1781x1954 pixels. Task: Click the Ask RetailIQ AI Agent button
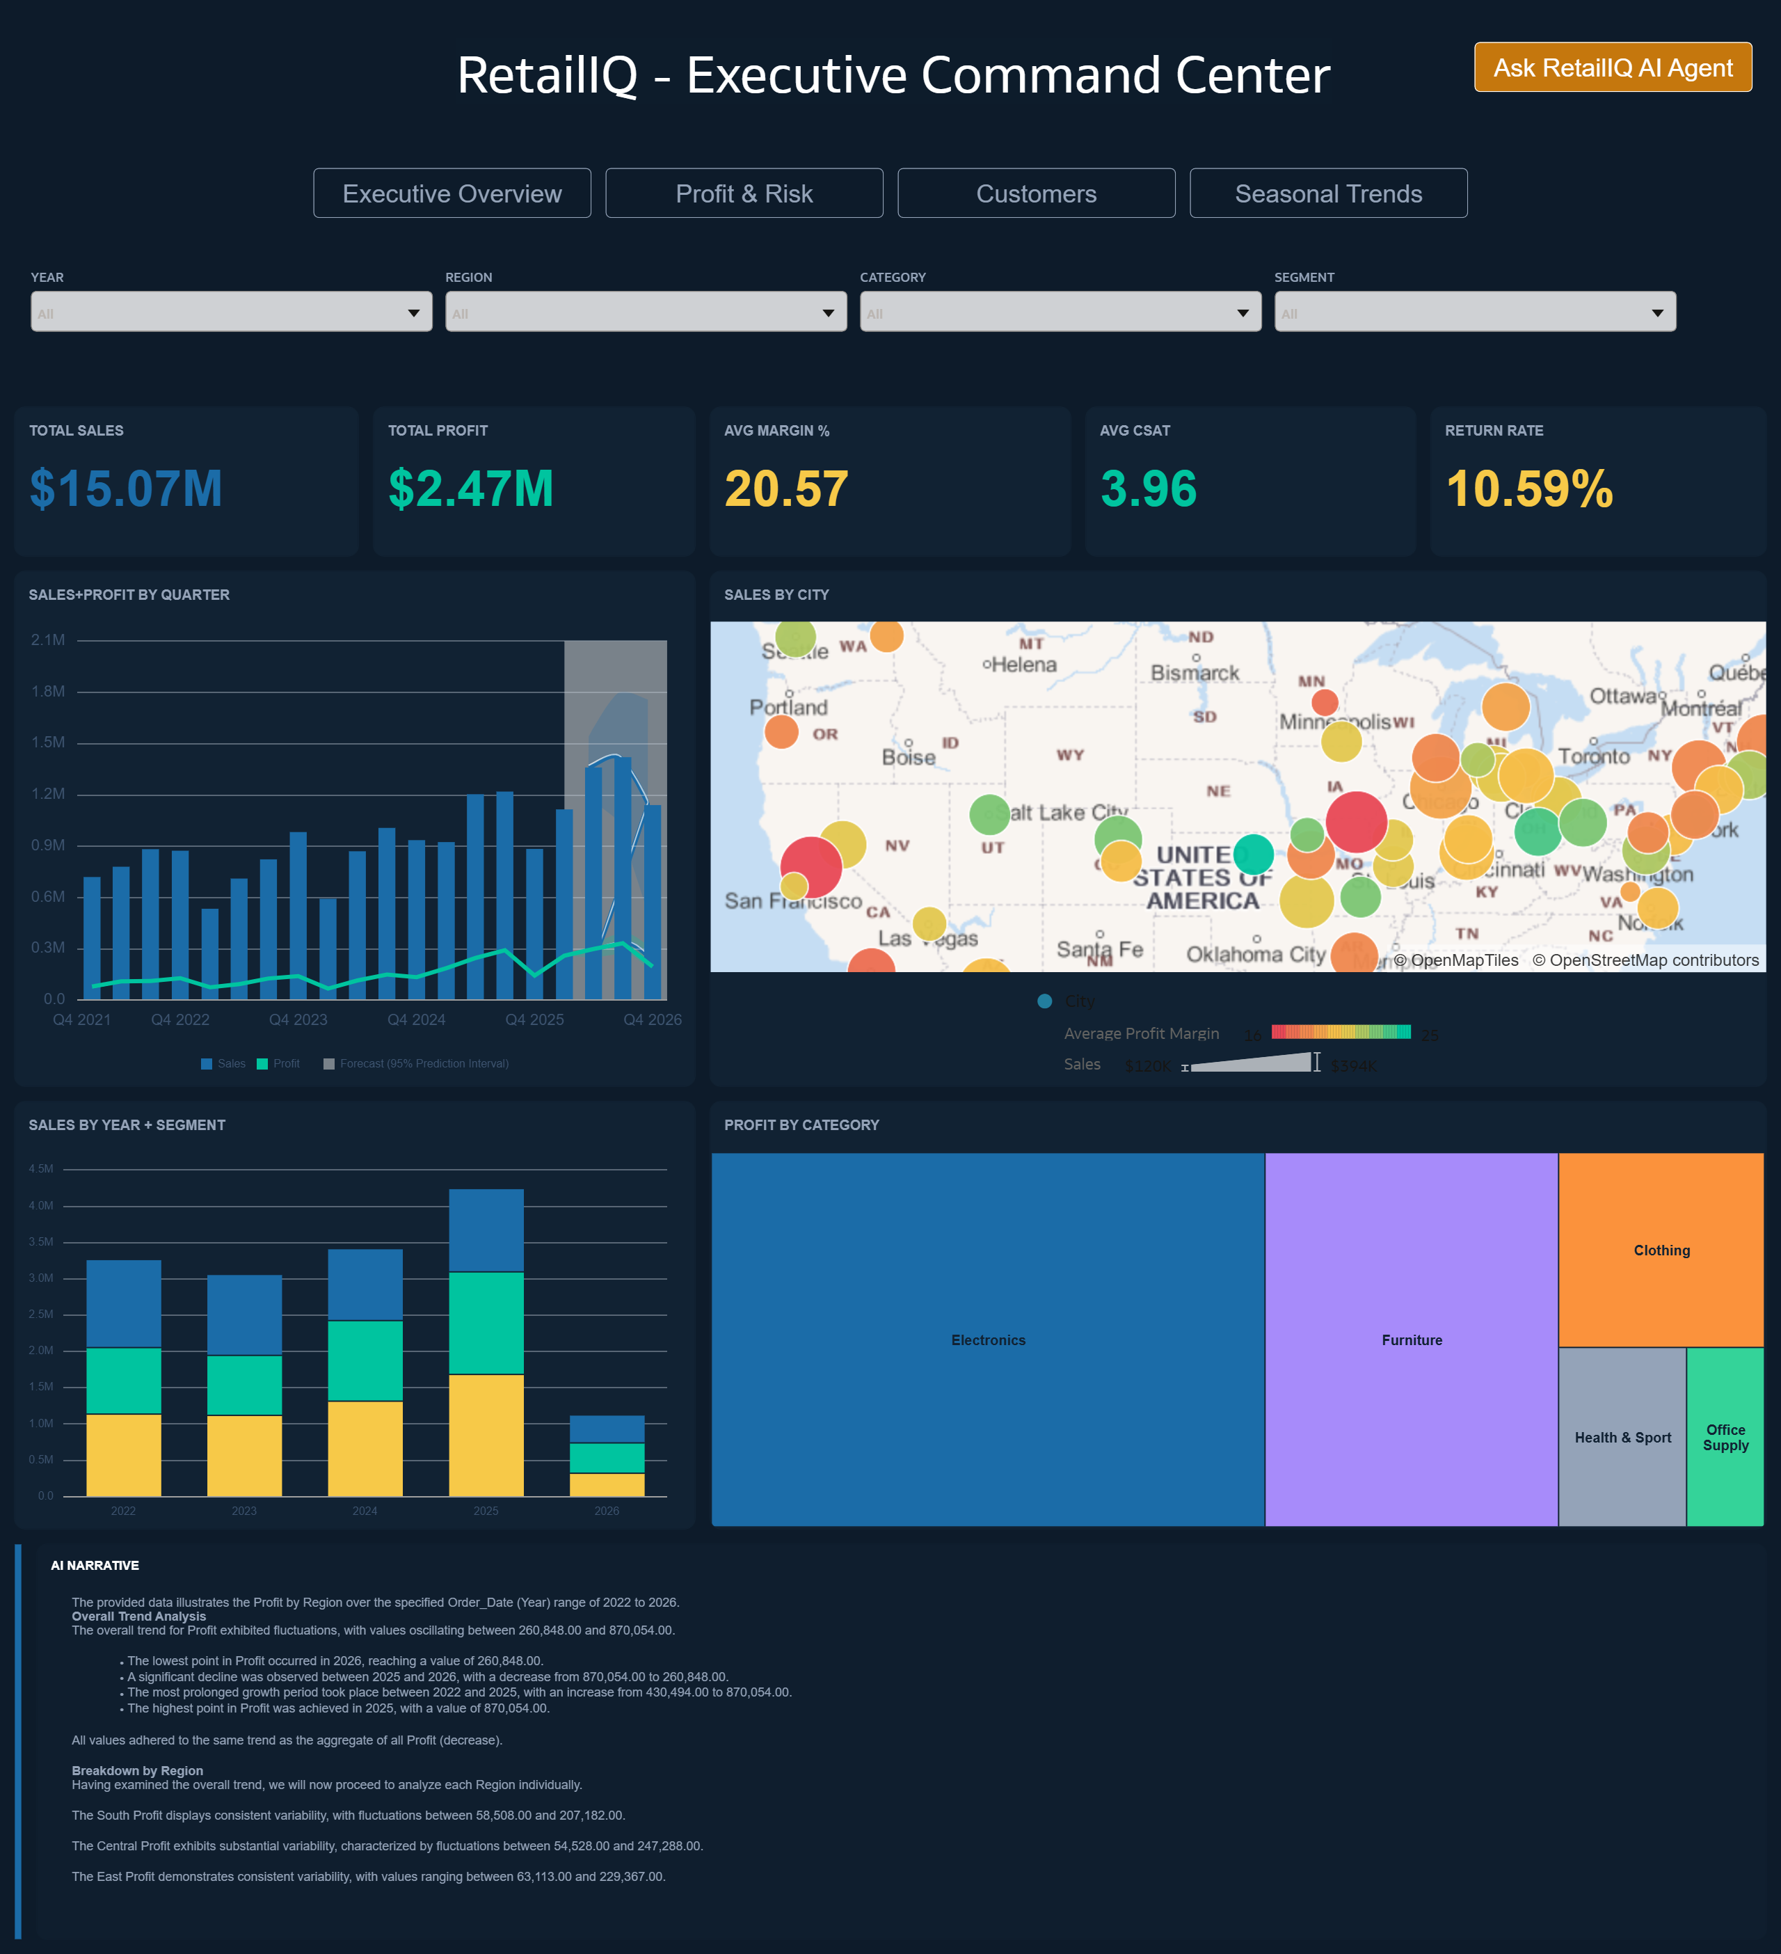1613,68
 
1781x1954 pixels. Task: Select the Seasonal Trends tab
1327,194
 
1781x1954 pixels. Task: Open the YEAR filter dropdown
230,312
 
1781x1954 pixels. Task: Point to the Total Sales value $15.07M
126,488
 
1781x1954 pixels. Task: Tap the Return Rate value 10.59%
1529,488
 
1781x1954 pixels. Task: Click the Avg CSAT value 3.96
1148,488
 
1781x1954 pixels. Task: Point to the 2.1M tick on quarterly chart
47,640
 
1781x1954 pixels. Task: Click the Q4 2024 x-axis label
416,1019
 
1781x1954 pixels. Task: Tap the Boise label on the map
908,758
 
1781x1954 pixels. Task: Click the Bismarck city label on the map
1194,673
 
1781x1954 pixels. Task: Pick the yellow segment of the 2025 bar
486,1434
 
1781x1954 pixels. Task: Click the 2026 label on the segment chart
607,1511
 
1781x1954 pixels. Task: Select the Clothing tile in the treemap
1661,1250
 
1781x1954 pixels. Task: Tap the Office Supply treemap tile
1725,1438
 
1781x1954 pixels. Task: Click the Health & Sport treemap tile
1622,1438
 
